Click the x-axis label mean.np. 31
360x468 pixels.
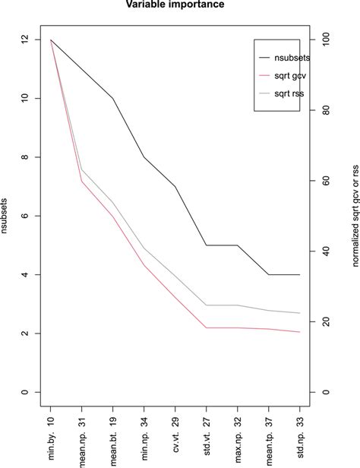(x=82, y=441)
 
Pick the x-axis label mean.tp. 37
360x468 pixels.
(x=269, y=441)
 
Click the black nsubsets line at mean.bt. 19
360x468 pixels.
(x=113, y=98)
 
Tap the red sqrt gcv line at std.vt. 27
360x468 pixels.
(x=207, y=327)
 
